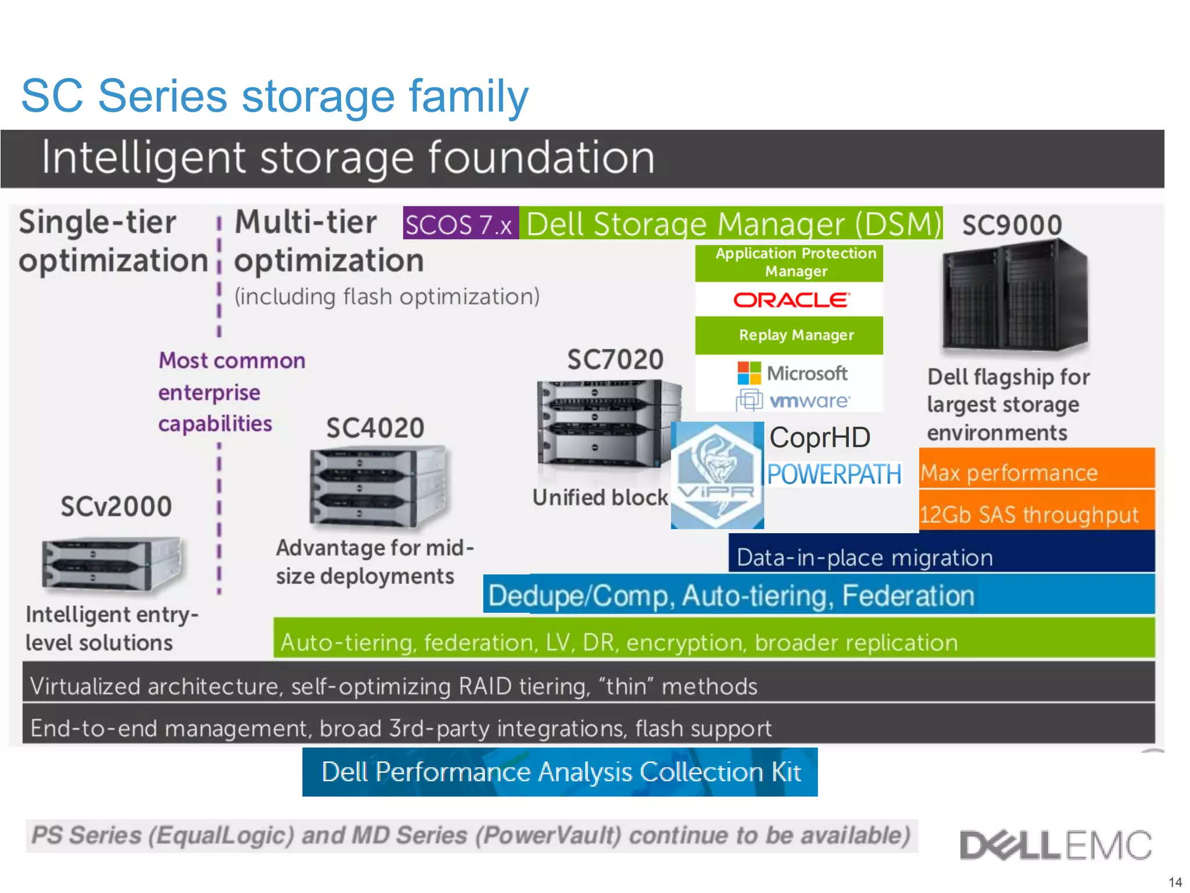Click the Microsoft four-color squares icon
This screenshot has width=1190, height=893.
coord(748,373)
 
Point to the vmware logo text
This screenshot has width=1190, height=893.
coord(809,401)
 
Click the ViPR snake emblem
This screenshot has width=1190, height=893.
coord(717,475)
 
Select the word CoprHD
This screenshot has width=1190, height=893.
coord(819,438)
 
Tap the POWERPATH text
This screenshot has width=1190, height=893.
coord(834,474)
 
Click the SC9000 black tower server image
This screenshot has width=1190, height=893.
coord(1013,297)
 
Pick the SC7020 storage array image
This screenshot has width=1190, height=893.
coord(607,423)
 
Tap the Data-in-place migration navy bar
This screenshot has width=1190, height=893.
coord(941,555)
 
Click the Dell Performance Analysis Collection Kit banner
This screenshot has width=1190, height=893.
coord(560,772)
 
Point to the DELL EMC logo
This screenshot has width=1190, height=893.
coord(1055,845)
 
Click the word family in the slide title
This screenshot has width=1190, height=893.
coord(468,97)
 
